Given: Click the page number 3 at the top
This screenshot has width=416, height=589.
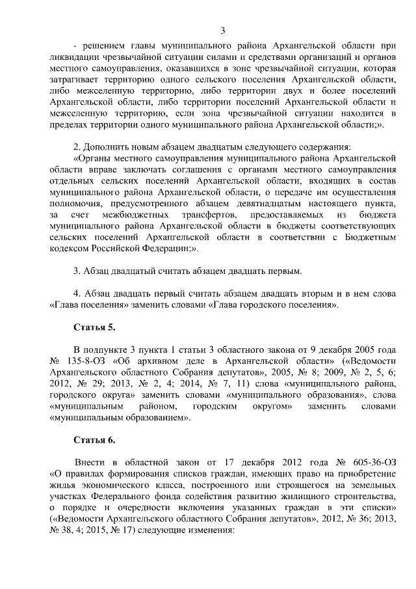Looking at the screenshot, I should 223,31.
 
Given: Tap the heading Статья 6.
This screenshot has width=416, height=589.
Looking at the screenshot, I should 94,441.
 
